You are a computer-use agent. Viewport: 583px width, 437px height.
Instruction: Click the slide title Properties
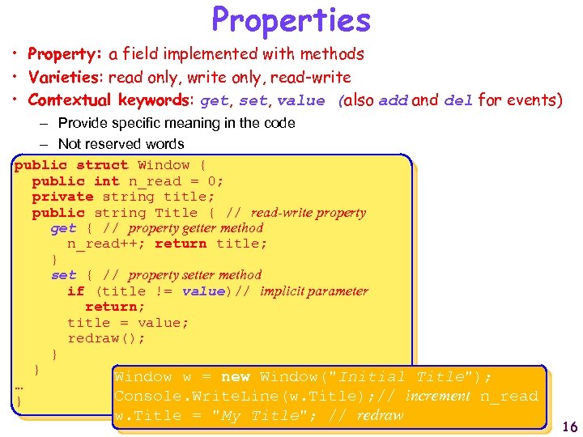tap(291, 19)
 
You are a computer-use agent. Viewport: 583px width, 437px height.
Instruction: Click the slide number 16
tap(569, 427)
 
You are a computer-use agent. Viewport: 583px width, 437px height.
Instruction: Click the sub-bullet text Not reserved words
tap(121, 144)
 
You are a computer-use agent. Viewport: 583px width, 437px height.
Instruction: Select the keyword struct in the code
tap(102, 165)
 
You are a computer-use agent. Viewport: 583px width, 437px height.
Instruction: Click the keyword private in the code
tap(62, 197)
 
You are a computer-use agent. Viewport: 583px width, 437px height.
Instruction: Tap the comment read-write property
tap(308, 213)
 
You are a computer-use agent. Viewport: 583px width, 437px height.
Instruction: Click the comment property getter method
tap(195, 228)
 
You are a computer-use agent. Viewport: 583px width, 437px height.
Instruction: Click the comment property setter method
tap(194, 275)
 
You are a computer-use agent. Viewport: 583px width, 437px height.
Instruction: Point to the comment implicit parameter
tap(313, 291)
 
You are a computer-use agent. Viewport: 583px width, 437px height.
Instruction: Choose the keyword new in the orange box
tap(235, 377)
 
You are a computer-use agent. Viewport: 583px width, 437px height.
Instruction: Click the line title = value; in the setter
tap(128, 322)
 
